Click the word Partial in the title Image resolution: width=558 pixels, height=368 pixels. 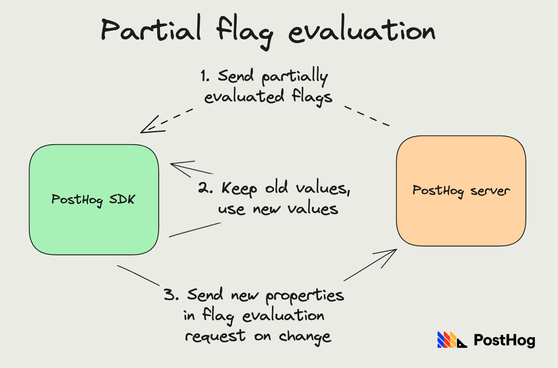tap(151, 30)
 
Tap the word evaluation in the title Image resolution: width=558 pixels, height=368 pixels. tap(361, 31)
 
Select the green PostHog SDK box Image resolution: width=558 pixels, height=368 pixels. tap(94, 228)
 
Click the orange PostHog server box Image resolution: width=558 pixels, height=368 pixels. tap(461, 221)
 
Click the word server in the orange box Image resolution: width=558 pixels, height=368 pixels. tap(490, 191)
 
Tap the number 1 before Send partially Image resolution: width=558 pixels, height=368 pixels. tap(205, 76)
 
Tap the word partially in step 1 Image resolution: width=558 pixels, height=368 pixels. tap(294, 76)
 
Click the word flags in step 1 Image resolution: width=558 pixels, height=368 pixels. tap(312, 97)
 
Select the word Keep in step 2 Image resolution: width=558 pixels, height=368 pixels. tap(239, 188)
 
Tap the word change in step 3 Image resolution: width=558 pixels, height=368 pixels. tap(305, 336)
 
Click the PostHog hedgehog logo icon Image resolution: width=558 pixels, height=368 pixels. tap(451, 340)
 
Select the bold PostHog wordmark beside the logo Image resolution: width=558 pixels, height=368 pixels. tap(504, 340)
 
